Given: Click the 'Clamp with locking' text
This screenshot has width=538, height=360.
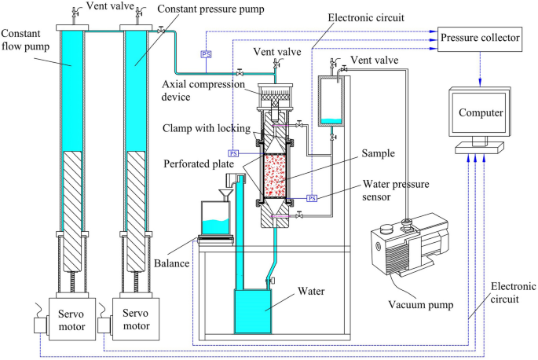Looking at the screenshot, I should (x=206, y=128).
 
